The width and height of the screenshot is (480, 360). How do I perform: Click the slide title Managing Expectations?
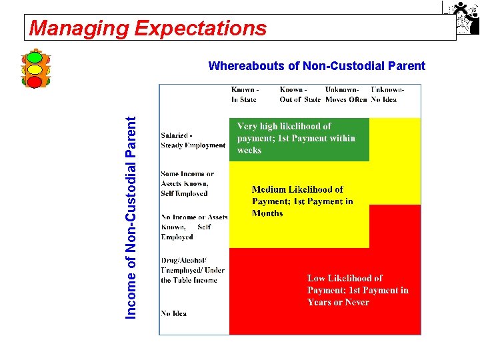click(148, 28)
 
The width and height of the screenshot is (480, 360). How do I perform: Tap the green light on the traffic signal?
click(35, 57)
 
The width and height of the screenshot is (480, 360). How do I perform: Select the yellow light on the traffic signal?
click(35, 69)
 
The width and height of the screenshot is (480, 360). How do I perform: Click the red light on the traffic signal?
click(35, 81)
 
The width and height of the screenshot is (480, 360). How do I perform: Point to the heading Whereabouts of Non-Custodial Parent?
click(317, 66)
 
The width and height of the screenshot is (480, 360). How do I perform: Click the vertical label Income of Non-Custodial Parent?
click(132, 217)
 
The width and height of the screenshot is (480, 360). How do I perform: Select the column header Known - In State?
click(245, 94)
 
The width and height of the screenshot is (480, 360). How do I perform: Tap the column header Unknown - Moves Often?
click(345, 94)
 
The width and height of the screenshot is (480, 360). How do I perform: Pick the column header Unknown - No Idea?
click(386, 94)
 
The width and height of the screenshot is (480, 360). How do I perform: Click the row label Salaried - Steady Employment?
click(193, 140)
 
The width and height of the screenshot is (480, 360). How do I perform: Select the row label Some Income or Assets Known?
click(187, 184)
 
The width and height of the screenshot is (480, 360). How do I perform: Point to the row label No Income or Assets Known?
click(193, 227)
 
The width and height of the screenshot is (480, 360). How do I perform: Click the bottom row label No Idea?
click(173, 313)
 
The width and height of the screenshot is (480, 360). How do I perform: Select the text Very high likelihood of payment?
click(296, 138)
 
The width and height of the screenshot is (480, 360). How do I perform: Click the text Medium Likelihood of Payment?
click(302, 201)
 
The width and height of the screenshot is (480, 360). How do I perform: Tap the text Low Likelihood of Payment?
click(357, 290)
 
